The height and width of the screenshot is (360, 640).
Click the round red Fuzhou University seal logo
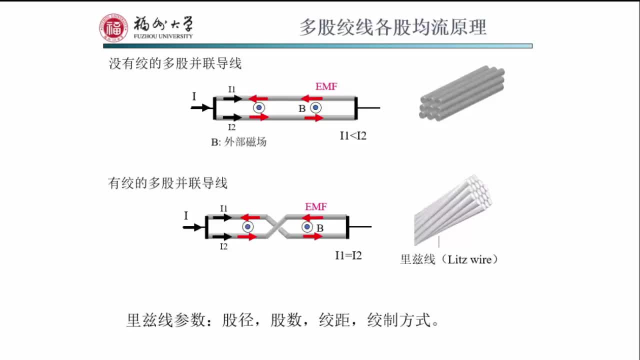point(113,28)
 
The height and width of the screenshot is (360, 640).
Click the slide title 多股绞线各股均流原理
point(392,27)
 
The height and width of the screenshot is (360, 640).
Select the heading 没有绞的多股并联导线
point(175,64)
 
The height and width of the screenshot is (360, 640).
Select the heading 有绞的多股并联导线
point(167,183)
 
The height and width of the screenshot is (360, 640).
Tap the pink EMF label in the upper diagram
point(326,86)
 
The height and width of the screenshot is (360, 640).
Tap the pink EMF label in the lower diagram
point(316,206)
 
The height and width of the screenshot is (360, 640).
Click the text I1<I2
point(353,135)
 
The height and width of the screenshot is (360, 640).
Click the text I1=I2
point(348,255)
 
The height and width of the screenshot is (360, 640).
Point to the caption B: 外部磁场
point(238,142)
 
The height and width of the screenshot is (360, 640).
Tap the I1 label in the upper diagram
point(232,89)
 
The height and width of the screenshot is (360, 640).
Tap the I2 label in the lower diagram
point(223,246)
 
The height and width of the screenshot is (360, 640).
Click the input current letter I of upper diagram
point(194,96)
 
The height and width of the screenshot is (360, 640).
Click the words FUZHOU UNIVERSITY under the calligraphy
point(162,36)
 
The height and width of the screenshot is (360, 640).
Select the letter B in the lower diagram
point(320,228)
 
